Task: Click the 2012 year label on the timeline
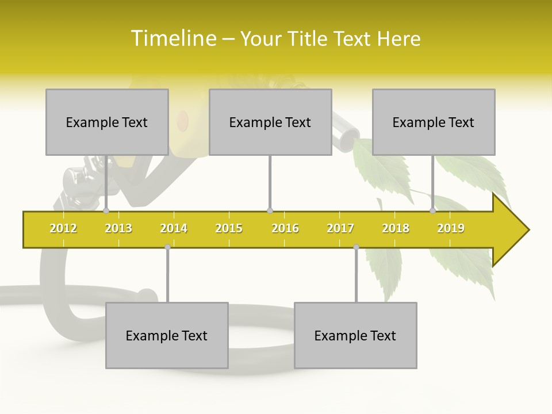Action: click(x=63, y=228)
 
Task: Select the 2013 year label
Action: click(x=118, y=228)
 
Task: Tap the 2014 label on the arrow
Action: click(x=174, y=228)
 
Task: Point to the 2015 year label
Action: click(x=229, y=228)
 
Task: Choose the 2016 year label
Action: click(x=285, y=228)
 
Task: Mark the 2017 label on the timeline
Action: click(x=340, y=228)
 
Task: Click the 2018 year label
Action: click(x=396, y=228)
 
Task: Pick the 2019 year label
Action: click(x=451, y=228)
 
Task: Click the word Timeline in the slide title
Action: click(x=173, y=39)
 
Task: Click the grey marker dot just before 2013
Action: click(x=106, y=211)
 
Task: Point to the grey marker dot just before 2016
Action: click(x=270, y=211)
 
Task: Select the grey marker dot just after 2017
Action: click(x=356, y=247)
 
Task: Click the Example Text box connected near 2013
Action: click(x=107, y=122)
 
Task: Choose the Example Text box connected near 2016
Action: click(x=270, y=122)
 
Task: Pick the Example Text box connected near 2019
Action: click(x=434, y=122)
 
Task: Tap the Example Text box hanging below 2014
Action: click(x=167, y=335)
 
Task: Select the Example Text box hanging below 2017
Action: click(x=355, y=335)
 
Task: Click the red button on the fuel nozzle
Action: click(x=182, y=120)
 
